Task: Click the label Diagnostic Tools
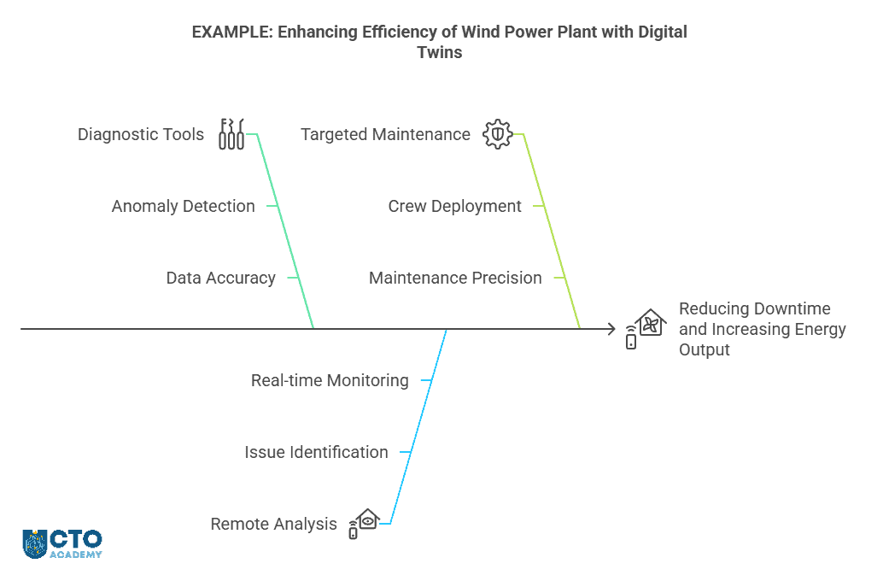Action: (x=141, y=134)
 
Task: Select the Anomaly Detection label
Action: (x=183, y=206)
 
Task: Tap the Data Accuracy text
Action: (x=220, y=278)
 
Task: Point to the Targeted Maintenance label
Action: (x=385, y=134)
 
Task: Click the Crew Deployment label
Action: (x=454, y=206)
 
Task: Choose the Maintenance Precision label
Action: (x=455, y=278)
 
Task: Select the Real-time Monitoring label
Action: (x=330, y=380)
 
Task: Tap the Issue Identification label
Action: (x=316, y=452)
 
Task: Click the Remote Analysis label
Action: (x=273, y=524)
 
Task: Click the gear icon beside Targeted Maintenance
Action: (x=497, y=134)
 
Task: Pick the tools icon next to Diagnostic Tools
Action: (x=231, y=134)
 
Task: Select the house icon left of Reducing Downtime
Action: (x=646, y=328)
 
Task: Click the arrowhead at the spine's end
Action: (x=610, y=328)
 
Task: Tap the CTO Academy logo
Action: (x=62, y=543)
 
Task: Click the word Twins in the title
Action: (x=439, y=52)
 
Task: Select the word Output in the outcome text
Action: (x=705, y=349)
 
